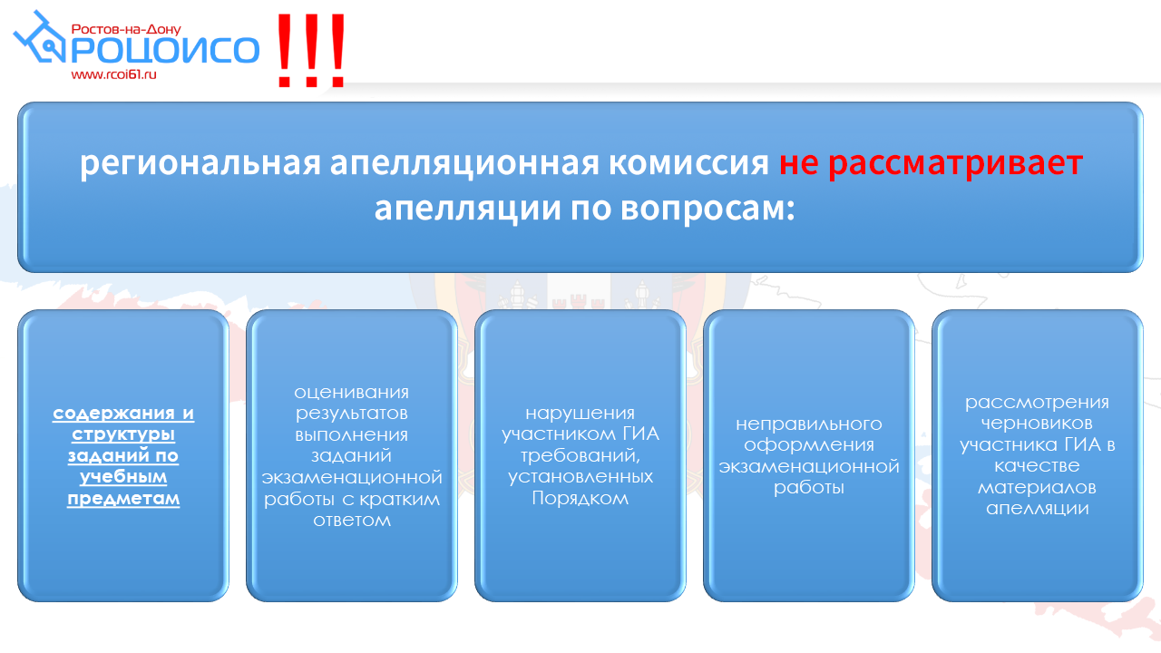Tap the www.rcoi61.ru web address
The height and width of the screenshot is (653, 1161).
[113, 74]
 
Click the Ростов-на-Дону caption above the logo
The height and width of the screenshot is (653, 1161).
[126, 29]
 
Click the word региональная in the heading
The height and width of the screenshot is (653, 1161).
[200, 163]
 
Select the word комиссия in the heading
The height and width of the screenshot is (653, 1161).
[688, 162]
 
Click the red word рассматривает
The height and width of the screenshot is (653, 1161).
[955, 163]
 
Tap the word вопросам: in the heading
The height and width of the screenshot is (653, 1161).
[707, 209]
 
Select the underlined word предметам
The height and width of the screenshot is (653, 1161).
[123, 499]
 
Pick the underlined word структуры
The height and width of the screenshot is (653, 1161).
[123, 434]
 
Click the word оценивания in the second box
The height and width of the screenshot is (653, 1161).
[351, 393]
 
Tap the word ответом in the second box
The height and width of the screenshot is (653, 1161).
[352, 521]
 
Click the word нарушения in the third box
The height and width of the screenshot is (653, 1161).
[580, 414]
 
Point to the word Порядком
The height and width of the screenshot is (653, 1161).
[580, 499]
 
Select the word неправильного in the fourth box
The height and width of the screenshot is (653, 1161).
[808, 424]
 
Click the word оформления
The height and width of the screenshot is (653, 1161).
[808, 445]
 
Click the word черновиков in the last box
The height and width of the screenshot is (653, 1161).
[1037, 424]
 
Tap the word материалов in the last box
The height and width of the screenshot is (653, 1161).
[1037, 488]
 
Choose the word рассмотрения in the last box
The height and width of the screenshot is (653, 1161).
[1037, 403]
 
